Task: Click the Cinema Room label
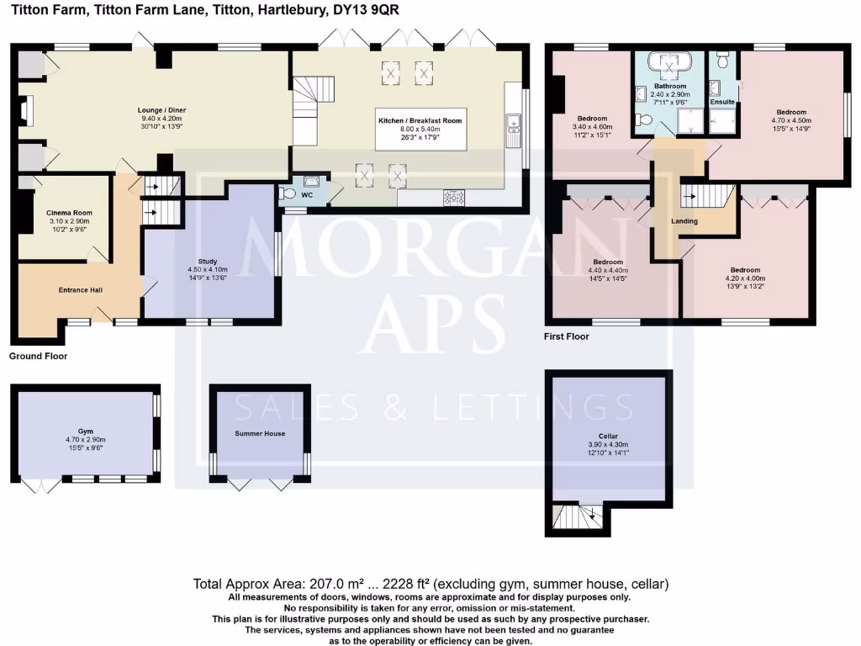[x=63, y=213]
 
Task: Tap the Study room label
[x=208, y=262]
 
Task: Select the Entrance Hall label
[x=81, y=290]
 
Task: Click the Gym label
[x=85, y=430]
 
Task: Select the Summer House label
[x=260, y=434]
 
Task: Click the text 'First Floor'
[x=567, y=336]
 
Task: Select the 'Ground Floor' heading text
[x=38, y=357]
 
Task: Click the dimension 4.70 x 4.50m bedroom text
[x=790, y=120]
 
